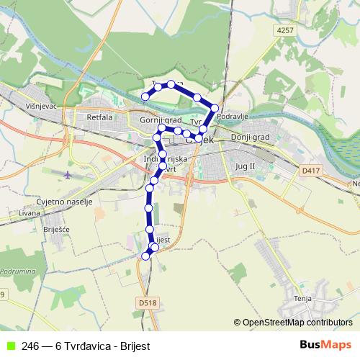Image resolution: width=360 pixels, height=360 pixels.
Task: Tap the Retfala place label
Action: click(99, 117)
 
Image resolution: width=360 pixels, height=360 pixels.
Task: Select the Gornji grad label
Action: click(161, 120)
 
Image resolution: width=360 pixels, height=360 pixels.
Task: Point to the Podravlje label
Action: click(233, 116)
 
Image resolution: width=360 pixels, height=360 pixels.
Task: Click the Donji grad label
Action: click(250, 137)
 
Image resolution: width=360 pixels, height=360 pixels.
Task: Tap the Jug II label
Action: click(246, 166)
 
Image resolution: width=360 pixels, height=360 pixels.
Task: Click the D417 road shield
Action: click(310, 171)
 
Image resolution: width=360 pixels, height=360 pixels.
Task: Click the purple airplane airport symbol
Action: click(68, 175)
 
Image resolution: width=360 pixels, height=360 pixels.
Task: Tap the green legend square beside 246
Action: click(9, 346)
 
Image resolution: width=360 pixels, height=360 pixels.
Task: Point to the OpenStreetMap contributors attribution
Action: click(297, 323)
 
